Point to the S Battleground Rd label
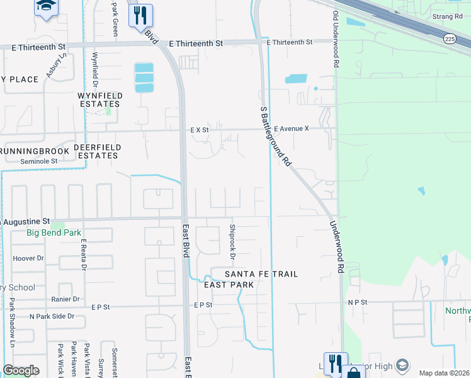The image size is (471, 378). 276,136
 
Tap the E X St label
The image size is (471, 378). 200,130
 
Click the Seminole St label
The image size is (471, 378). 38,161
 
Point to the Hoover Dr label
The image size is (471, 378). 28,258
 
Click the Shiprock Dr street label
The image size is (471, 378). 232,242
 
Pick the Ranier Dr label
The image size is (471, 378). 66,299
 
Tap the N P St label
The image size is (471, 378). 357,302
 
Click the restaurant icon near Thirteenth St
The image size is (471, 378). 140,14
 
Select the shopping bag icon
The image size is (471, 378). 354,372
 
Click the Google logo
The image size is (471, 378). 21,370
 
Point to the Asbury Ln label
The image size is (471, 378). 61,65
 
